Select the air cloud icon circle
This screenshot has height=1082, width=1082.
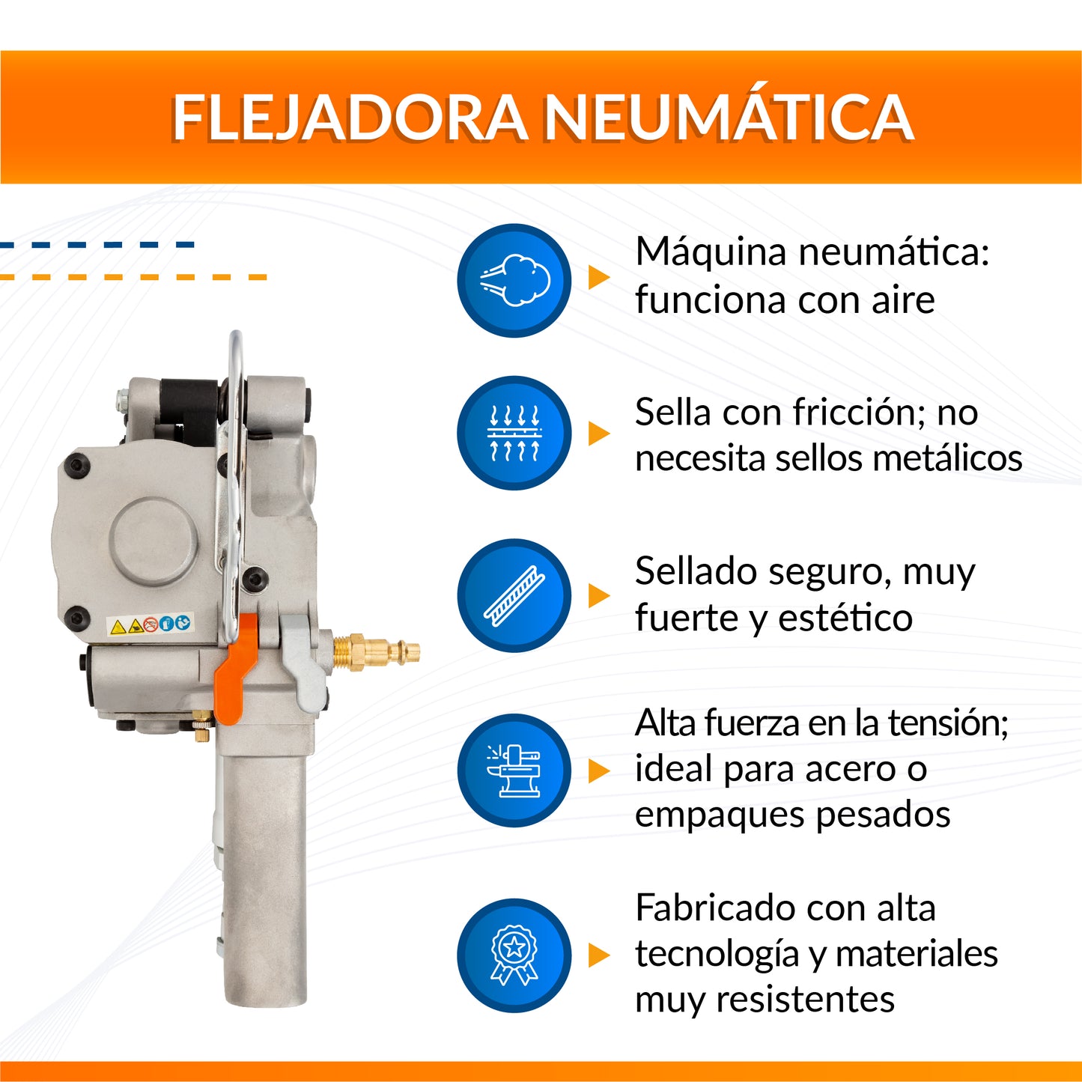point(514,280)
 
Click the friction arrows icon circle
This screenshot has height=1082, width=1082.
point(514,432)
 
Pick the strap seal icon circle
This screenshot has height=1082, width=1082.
point(514,595)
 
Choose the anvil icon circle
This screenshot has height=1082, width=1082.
point(514,770)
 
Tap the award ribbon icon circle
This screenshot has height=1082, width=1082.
point(514,955)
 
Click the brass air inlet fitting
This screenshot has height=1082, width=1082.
point(376,652)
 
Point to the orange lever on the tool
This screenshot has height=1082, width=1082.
point(237,668)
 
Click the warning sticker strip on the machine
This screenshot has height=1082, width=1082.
point(150,624)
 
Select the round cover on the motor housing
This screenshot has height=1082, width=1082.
point(154,541)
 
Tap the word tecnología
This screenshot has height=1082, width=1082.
point(717,955)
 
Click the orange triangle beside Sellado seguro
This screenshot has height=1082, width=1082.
point(598,595)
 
